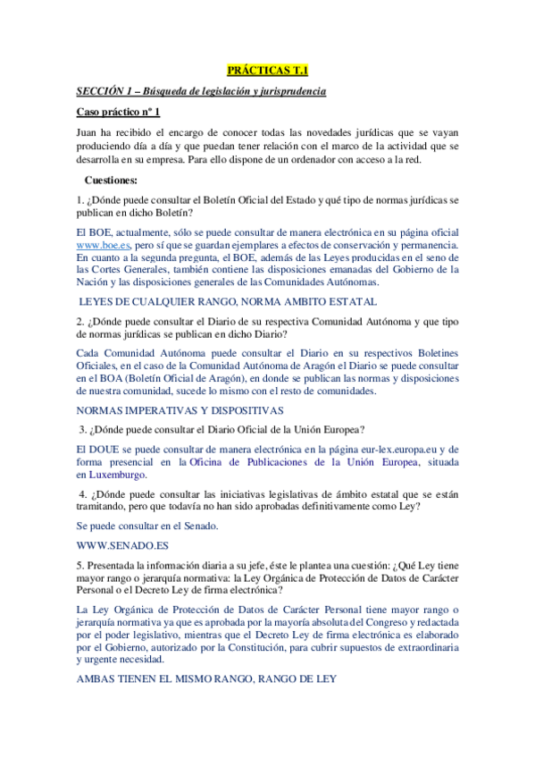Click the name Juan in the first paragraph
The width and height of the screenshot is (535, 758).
[87, 132]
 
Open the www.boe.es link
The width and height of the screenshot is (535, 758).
[104, 244]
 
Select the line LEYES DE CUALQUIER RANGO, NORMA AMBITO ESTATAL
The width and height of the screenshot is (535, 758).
[228, 302]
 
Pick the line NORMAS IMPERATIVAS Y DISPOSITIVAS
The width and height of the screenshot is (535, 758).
[180, 410]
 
